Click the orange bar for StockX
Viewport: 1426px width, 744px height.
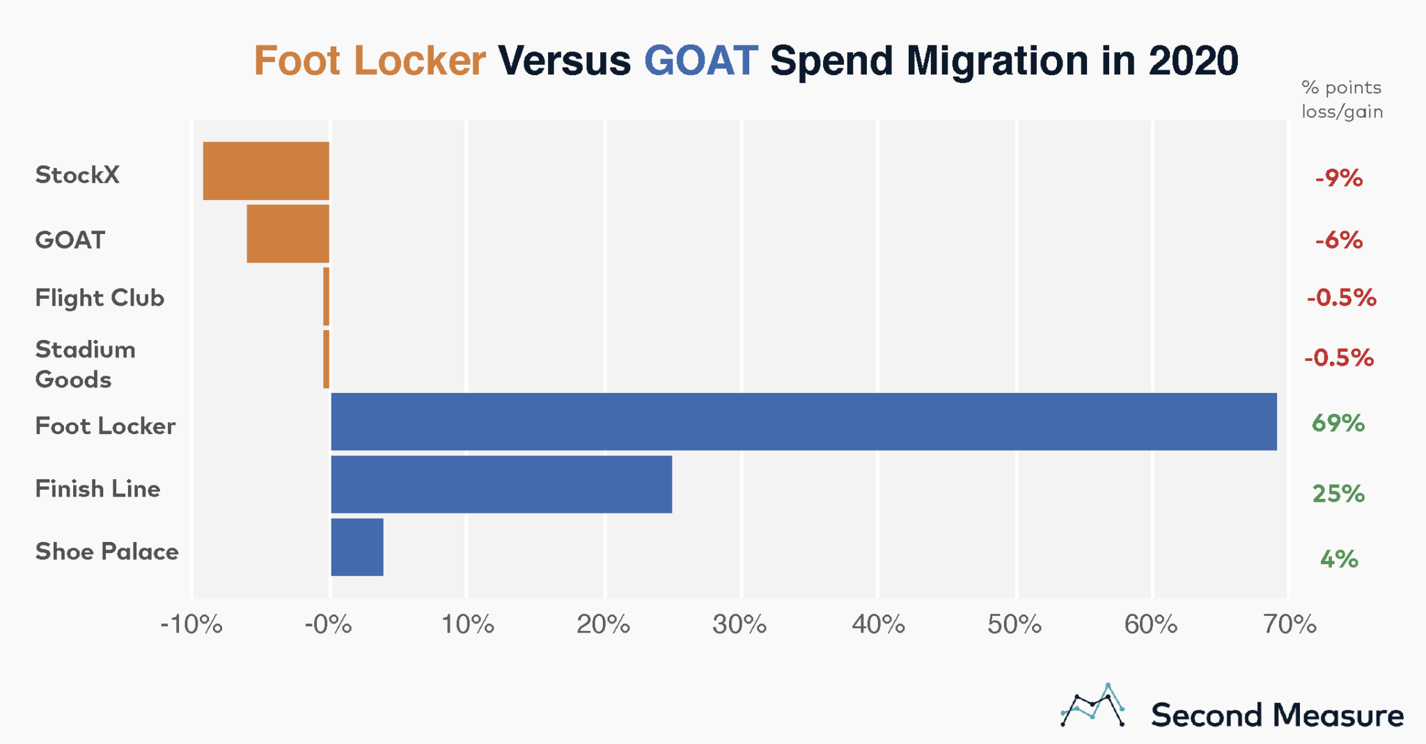pos(266,171)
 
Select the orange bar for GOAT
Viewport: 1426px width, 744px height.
pos(288,233)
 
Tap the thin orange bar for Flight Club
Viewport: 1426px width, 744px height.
pos(326,296)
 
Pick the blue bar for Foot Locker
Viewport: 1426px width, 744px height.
pos(804,421)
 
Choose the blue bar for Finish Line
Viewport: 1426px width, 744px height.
pos(501,484)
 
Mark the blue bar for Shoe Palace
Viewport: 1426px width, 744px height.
pos(356,547)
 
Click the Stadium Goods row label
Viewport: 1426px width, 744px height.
pos(85,364)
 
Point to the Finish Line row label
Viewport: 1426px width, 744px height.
pos(97,488)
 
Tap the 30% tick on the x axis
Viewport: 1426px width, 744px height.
pos(739,624)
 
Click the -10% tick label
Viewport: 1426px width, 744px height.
pos(191,624)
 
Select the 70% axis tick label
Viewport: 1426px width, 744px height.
pos(1290,624)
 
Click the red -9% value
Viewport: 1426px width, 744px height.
pos(1338,178)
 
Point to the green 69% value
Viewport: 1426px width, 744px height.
pos(1338,423)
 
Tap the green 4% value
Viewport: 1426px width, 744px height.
pos(1338,559)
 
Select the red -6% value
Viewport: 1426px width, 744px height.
pos(1338,240)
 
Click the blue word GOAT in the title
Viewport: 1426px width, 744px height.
pos(700,61)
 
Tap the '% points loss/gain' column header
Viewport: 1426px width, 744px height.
pos(1341,100)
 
